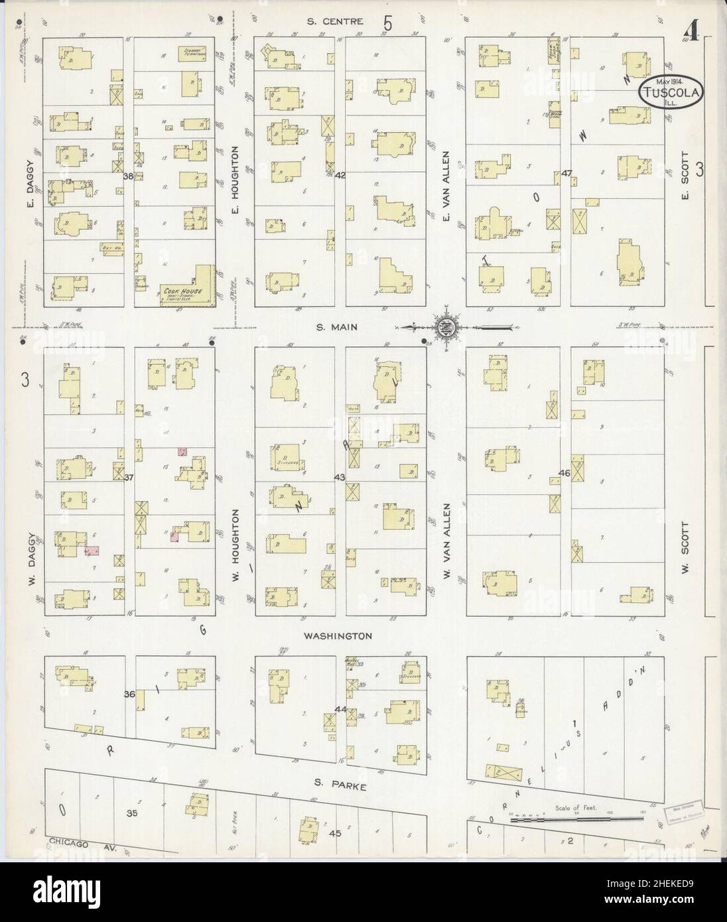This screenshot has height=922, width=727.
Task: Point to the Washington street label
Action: point(338,635)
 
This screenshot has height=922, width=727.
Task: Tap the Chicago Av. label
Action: point(77,843)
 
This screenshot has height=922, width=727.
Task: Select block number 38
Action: point(129,176)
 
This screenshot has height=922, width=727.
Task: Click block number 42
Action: point(340,176)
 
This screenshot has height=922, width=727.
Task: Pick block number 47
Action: point(566,173)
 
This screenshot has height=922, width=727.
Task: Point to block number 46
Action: point(564,474)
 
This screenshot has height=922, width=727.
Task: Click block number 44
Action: point(341,709)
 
